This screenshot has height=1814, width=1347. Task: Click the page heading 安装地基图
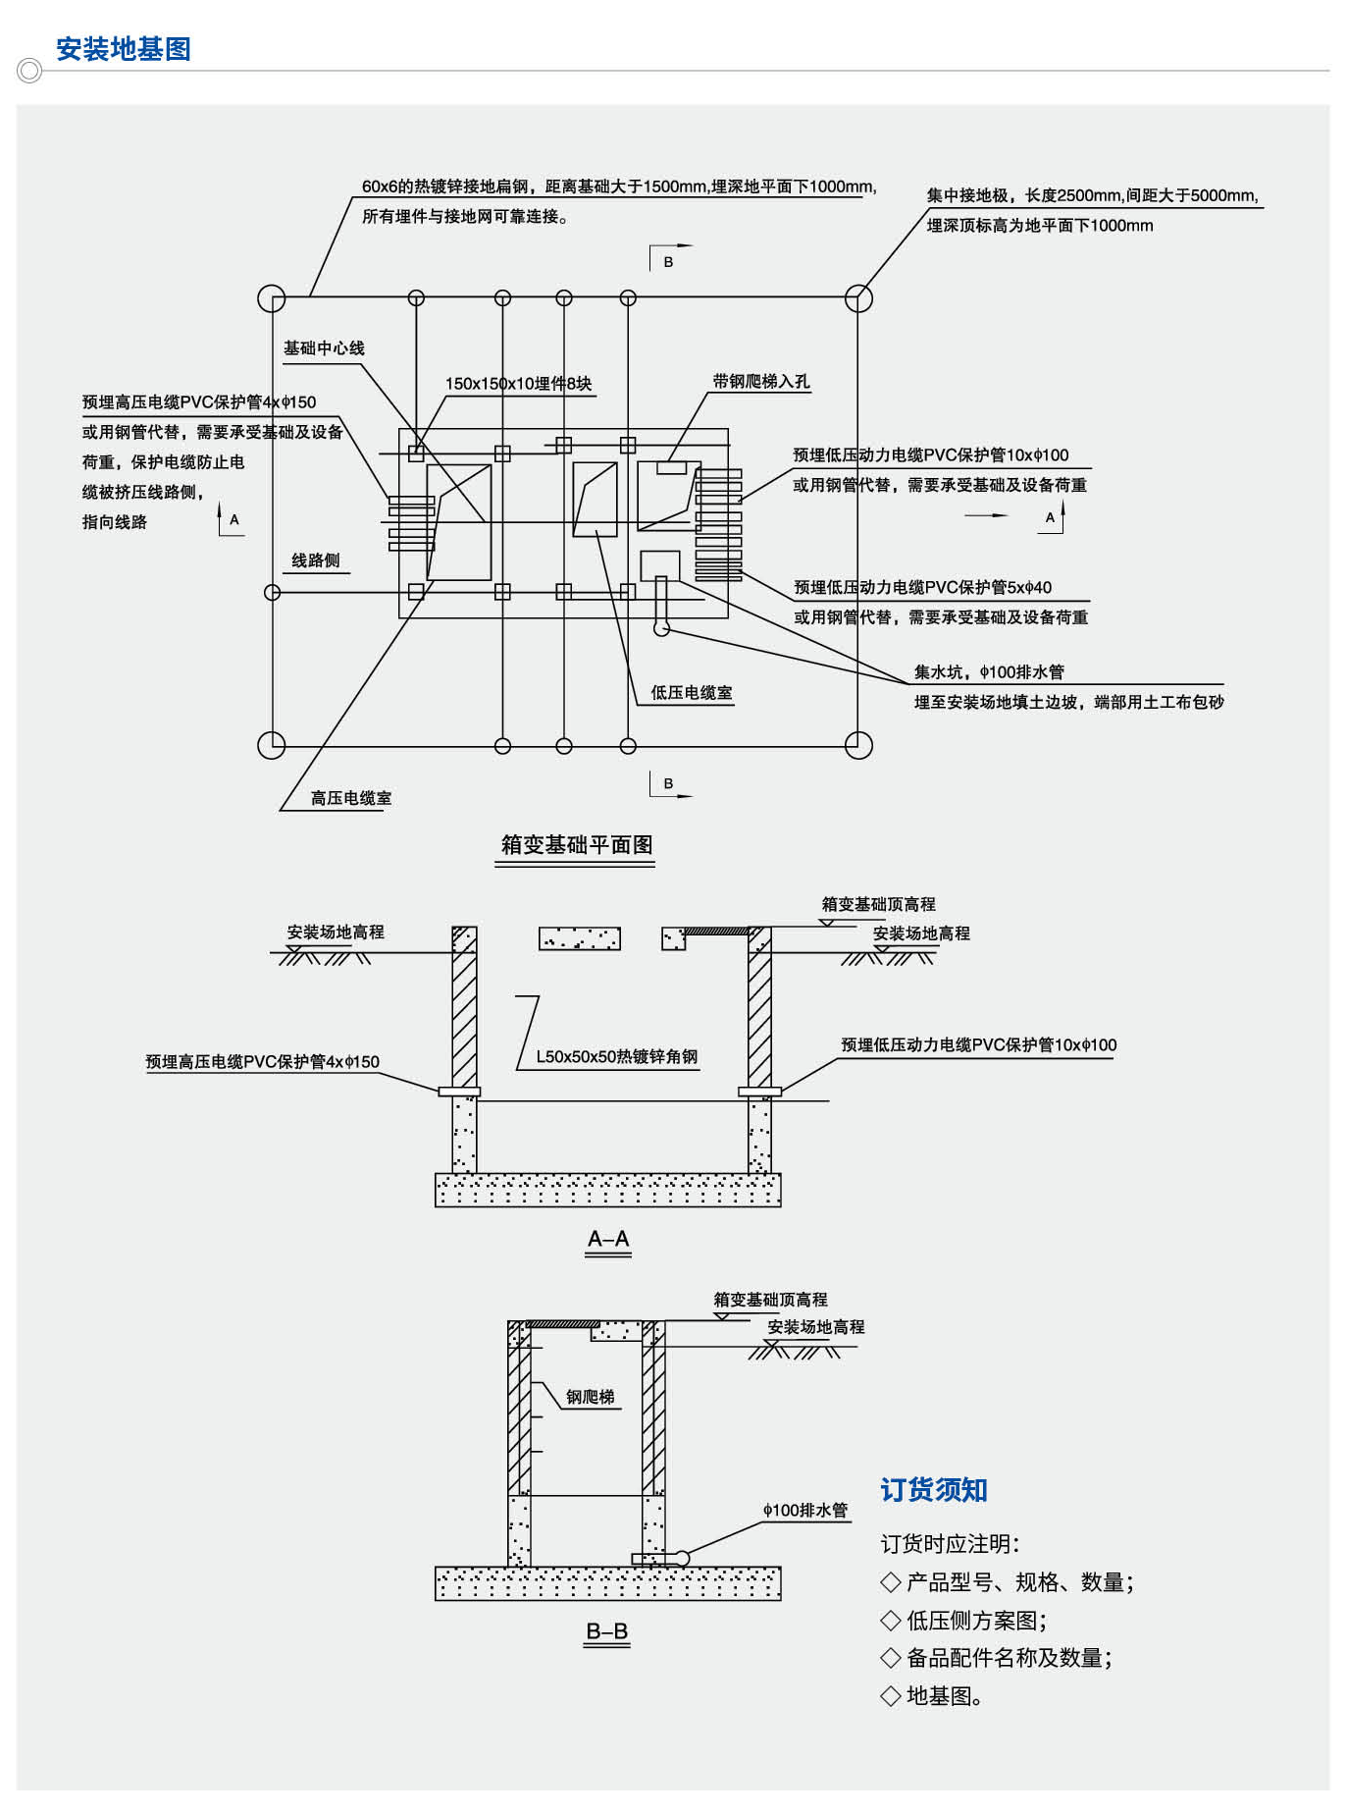tap(123, 49)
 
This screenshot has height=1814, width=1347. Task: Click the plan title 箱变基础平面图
tap(577, 845)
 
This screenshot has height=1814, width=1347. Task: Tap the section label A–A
tap(608, 1239)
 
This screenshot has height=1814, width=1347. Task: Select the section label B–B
tap(607, 1631)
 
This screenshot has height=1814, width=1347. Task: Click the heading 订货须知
tap(933, 1490)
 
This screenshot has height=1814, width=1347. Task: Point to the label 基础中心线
tap(324, 348)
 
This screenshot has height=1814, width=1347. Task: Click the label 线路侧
tap(316, 560)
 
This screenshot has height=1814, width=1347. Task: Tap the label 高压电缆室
tap(351, 798)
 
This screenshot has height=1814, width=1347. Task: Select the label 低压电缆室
tap(692, 693)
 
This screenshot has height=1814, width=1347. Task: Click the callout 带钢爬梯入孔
tap(761, 382)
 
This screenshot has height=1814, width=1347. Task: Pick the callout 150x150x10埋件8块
tap(518, 384)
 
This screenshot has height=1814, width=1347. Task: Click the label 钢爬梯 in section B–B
tap(590, 1397)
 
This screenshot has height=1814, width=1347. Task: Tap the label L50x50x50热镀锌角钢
tap(616, 1057)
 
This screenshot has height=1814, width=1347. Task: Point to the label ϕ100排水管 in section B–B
tap(804, 1510)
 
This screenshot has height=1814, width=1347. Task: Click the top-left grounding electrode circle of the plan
tap(272, 298)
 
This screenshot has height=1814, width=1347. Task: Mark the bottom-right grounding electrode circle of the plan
tap(858, 745)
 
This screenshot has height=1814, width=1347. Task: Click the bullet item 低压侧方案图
tap(975, 1620)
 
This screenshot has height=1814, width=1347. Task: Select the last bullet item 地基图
tap(944, 1695)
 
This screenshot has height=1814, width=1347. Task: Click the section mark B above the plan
tap(668, 262)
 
